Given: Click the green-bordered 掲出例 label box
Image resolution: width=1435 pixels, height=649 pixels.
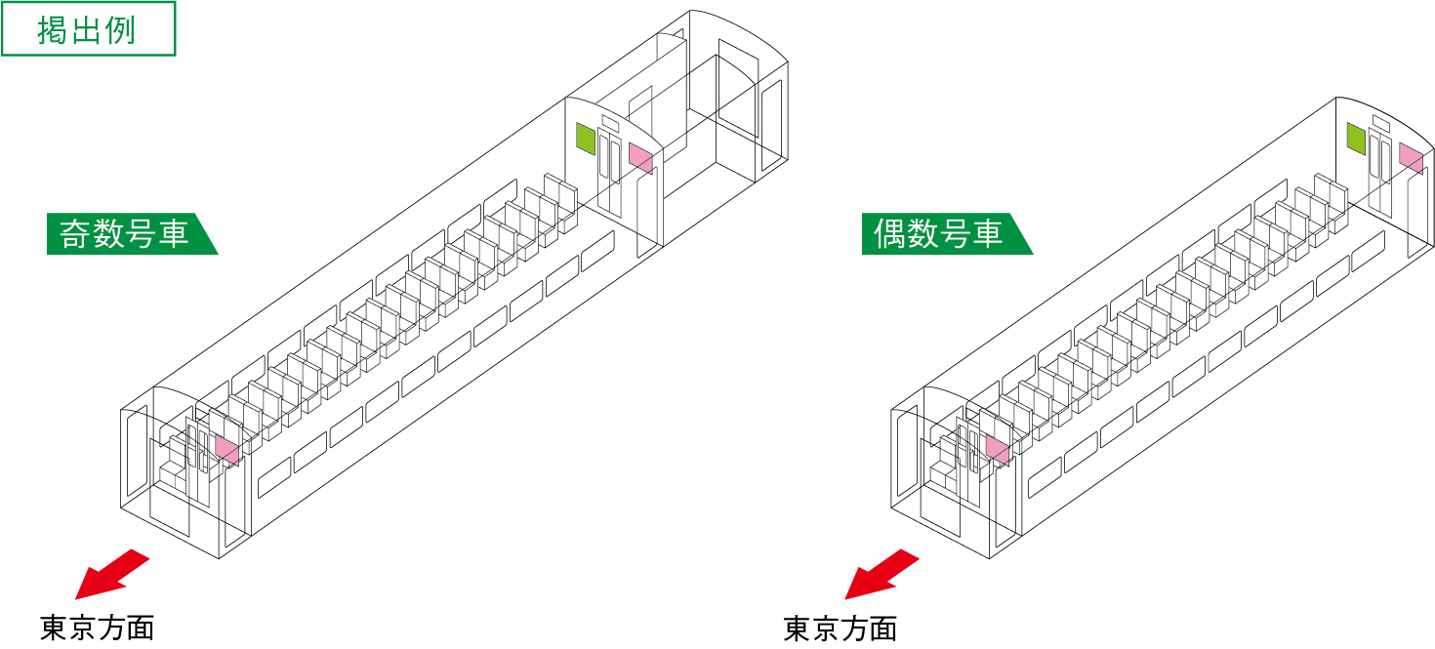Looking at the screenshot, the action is coord(89,29).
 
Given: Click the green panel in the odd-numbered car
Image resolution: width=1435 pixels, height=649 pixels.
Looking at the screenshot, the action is coord(586,139).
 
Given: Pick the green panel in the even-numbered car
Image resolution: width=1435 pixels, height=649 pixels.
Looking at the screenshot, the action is coord(1356,139).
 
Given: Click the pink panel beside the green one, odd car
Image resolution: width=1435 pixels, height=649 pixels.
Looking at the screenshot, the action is coord(640,157).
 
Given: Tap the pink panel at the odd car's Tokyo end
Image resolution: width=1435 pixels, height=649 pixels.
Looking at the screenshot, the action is coord(226,449).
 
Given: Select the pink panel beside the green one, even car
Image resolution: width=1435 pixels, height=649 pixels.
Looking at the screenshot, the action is coord(1411,157).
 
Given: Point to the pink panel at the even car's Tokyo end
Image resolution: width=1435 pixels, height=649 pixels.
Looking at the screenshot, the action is coord(998,449).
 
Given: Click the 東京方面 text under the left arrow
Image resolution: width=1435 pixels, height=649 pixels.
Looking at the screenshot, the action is coord(98,628).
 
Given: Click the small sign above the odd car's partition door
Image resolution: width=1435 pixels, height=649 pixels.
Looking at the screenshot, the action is coord(610,122).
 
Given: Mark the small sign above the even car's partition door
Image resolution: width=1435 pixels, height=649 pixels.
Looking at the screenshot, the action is coord(1380,122).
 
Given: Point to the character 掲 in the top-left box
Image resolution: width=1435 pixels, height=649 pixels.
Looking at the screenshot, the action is coord(51,30).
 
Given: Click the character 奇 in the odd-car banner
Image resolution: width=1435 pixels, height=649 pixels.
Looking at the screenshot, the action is coord(75,234).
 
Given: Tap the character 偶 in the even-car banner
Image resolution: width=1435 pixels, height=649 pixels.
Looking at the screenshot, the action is coord(890,234).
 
